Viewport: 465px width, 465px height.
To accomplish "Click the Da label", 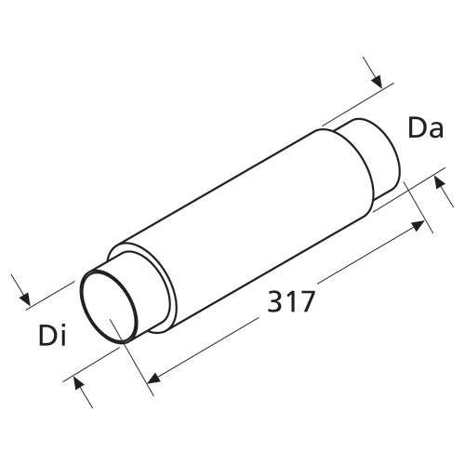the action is [x=426, y=127].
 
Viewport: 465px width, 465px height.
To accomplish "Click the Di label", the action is [x=52, y=335].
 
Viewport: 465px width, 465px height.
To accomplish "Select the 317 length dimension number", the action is [x=291, y=301].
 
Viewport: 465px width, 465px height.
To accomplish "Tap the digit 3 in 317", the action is [x=274, y=301].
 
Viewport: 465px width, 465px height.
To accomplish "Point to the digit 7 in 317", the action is [x=307, y=301].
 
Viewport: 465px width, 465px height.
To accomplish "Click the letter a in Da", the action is [x=436, y=131].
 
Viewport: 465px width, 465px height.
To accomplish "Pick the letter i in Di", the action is [x=63, y=335].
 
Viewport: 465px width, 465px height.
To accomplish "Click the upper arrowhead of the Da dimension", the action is [x=377, y=81].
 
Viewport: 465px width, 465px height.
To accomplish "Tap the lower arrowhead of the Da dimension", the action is [x=439, y=182].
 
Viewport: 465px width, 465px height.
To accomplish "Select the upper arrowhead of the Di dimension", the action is [x=25, y=299].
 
